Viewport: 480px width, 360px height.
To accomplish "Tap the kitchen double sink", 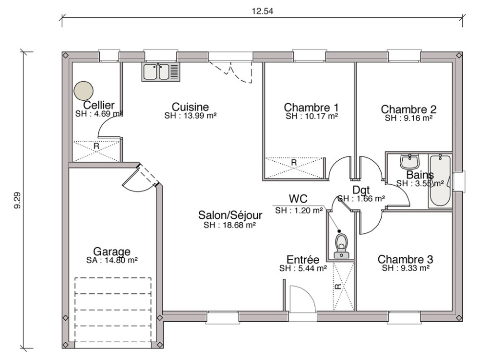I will pyautogui.click(x=161, y=72).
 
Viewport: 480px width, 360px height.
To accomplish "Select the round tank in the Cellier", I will pyautogui.click(x=84, y=90).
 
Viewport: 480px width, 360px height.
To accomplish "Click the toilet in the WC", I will pyautogui.click(x=341, y=244).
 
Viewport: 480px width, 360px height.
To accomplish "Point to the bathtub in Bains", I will pyautogui.click(x=439, y=181).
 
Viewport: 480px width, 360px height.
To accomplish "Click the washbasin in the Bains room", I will pyautogui.click(x=410, y=162).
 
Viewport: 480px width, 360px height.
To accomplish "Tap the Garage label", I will pyautogui.click(x=112, y=252).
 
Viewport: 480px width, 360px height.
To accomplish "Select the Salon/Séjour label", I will pyautogui.click(x=230, y=215).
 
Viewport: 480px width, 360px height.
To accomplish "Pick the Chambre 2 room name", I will pyautogui.click(x=408, y=109).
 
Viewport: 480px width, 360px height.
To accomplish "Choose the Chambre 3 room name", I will pyautogui.click(x=405, y=259).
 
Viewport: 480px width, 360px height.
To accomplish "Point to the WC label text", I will pyautogui.click(x=298, y=199).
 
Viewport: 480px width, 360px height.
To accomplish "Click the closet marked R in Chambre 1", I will pyautogui.click(x=294, y=163).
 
